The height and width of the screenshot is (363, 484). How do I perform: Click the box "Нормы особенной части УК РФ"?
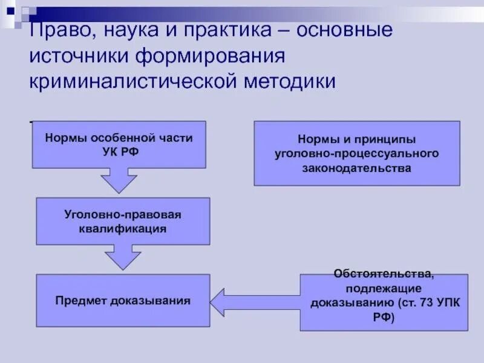pos(119,145)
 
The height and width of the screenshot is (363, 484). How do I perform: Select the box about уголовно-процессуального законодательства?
pos(356,153)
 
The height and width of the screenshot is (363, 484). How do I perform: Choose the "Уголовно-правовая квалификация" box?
pos(123,221)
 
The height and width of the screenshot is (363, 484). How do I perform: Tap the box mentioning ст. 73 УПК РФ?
pos(384,302)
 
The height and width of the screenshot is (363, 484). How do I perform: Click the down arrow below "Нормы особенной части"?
pos(119,180)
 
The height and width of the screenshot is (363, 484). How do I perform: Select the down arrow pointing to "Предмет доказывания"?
pos(123,257)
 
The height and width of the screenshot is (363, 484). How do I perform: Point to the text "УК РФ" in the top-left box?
pos(119,151)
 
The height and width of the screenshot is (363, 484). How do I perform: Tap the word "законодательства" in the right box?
pos(356,168)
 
